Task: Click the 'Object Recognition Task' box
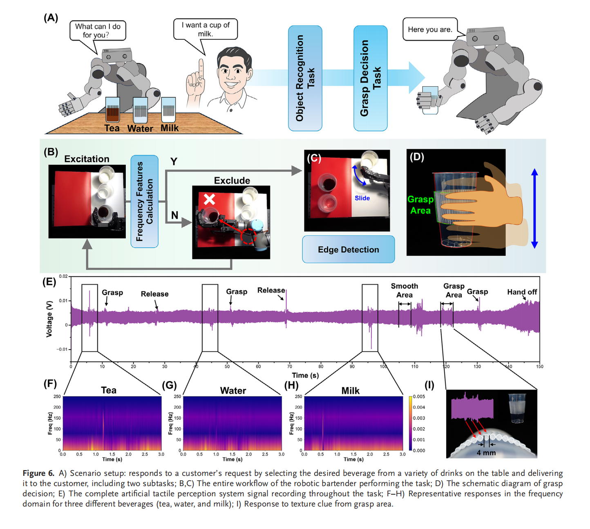tap(305, 78)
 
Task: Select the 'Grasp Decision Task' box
tap(370, 78)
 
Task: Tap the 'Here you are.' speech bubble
tap(429, 29)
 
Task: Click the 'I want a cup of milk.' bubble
tap(205, 29)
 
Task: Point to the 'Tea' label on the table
tap(112, 128)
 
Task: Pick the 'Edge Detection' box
tap(348, 249)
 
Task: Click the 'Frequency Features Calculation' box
tap(144, 201)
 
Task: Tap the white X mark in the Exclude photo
tap(209, 199)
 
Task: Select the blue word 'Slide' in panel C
tap(362, 198)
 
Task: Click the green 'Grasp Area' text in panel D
tap(420, 205)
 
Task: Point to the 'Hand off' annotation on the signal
tap(522, 292)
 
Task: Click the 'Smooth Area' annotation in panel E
tap(404, 290)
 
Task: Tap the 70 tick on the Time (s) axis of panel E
tap(290, 366)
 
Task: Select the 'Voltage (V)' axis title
tap(49, 319)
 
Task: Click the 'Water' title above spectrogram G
tap(233, 390)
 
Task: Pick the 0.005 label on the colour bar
tap(419, 397)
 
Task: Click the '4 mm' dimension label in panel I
tap(486, 453)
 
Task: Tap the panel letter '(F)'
tap(50, 383)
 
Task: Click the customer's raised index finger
tap(201, 67)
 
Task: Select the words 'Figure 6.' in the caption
tap(38, 473)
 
